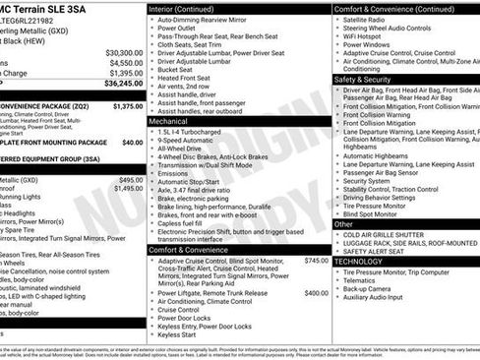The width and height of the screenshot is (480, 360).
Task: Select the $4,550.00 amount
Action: [125, 63]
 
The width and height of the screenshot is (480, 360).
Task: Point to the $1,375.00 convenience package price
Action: [127, 106]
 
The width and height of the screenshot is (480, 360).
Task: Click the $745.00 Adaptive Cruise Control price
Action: [316, 261]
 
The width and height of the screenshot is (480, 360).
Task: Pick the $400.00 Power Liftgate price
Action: [316, 293]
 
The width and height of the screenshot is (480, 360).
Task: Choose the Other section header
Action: [345, 224]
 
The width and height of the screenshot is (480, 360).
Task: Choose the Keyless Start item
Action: [176, 334]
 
